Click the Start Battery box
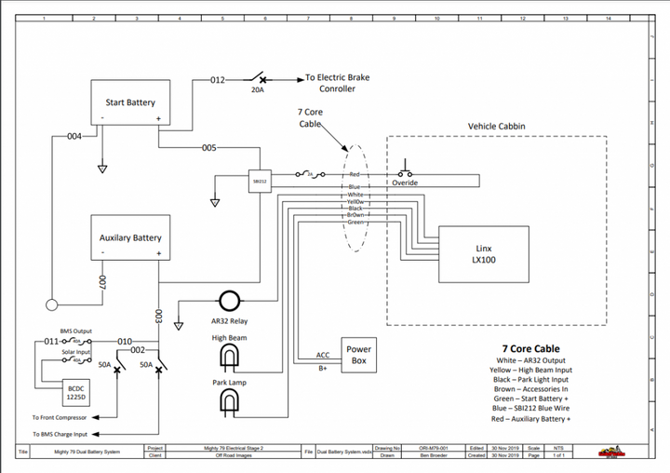click(129, 102)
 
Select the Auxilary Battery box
click(129, 238)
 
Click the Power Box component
click(358, 355)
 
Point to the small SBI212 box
click(260, 182)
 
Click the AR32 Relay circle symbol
click(229, 300)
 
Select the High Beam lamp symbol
click(229, 358)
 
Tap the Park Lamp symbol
click(229, 402)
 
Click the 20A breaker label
click(258, 90)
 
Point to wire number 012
click(217, 80)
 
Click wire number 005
click(209, 148)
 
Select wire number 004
click(74, 137)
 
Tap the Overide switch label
click(404, 184)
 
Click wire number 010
click(126, 342)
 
